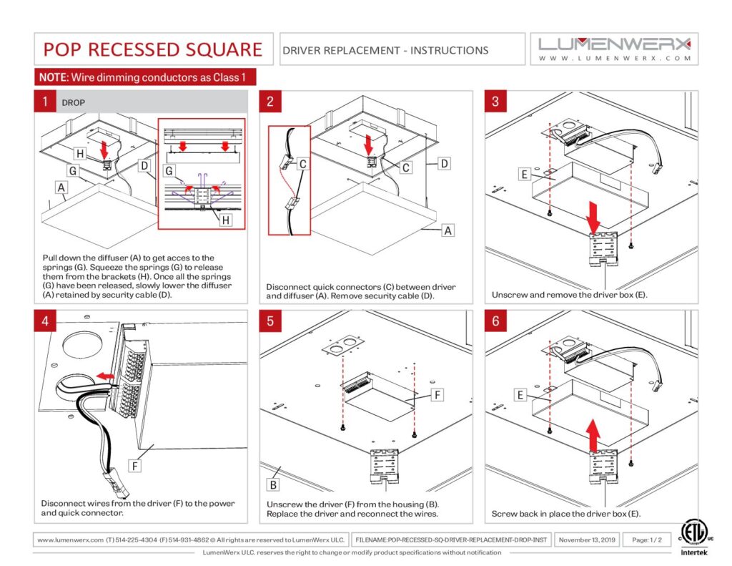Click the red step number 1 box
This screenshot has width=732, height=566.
pos(45,102)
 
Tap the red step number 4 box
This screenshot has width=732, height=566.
pos(45,321)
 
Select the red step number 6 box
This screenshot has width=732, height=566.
pos(496,321)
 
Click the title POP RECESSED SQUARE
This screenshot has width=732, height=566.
pos(153,49)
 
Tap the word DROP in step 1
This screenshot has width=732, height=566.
pos(74,103)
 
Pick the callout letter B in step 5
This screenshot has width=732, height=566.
pos(272,484)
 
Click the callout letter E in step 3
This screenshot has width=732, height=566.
pos(525,174)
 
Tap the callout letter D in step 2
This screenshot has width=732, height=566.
pos(445,164)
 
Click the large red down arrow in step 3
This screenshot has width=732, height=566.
pos(594,213)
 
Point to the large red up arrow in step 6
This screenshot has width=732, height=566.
pos(594,435)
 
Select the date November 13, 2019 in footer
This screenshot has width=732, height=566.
pos(587,540)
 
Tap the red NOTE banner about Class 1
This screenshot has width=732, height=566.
pos(145,77)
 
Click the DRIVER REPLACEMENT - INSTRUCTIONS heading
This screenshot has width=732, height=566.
pos(386,50)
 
